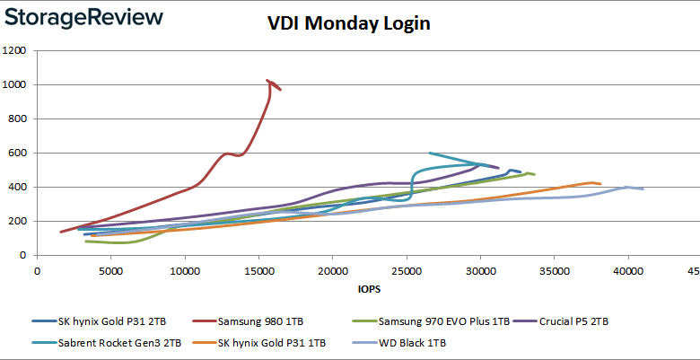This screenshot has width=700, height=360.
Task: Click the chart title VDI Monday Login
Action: click(x=349, y=23)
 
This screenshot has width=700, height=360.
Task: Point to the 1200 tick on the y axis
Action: click(x=13, y=51)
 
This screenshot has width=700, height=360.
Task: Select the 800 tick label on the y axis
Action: click(x=16, y=119)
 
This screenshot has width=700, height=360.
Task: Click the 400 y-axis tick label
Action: click(x=16, y=188)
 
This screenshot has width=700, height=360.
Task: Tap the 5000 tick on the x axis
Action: click(x=110, y=268)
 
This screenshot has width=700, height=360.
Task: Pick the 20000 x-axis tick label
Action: click(x=332, y=268)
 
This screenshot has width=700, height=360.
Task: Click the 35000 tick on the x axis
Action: click(x=554, y=268)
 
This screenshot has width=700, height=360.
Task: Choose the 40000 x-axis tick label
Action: click(x=627, y=268)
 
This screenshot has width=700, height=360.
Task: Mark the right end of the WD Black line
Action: click(x=643, y=189)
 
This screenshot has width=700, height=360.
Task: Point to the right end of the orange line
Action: click(x=600, y=184)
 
